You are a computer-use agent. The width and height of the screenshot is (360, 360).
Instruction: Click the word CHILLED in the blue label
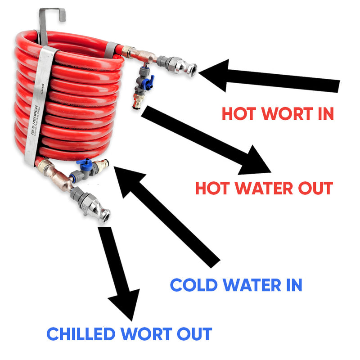click(x=81, y=334)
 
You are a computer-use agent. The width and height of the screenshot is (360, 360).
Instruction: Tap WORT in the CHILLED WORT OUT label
click(x=143, y=334)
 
